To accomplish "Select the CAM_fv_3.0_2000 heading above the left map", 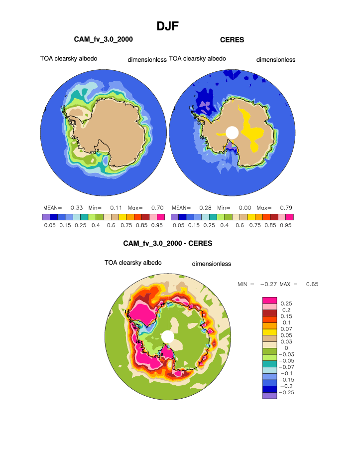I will click(103, 39).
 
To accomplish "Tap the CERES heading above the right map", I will click(232, 40).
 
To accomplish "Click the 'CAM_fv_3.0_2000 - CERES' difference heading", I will click(168, 244).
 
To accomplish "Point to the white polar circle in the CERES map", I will click(232, 132).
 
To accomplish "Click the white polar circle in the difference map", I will click(168, 337).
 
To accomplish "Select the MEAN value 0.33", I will click(76, 207).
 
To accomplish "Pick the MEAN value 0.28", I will click(205, 207).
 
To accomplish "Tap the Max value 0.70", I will click(157, 207).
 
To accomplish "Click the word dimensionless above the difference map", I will click(212, 264).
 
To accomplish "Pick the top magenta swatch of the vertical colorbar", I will click(269, 300).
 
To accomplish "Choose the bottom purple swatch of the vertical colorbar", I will click(269, 395).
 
